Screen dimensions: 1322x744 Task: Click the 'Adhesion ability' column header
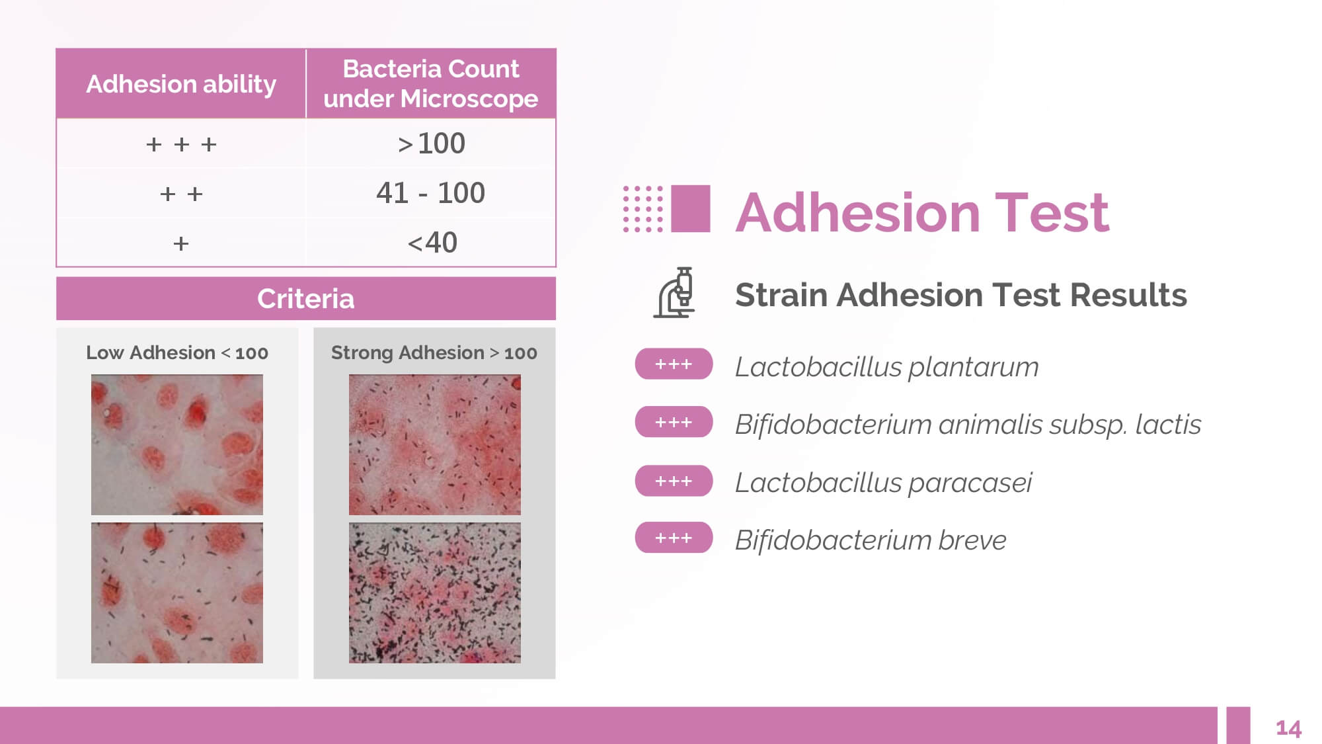181,84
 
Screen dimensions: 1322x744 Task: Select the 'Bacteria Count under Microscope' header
431,83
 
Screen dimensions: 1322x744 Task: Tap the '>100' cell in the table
431,144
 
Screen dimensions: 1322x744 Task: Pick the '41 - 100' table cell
431,193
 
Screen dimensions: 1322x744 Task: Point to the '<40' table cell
432,243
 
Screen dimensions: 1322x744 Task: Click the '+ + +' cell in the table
181,144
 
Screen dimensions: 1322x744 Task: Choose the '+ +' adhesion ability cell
181,194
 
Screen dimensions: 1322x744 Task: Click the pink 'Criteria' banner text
306,299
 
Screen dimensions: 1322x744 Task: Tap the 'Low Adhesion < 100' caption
177,352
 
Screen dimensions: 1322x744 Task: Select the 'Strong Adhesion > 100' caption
434,352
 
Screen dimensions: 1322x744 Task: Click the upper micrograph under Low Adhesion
177,445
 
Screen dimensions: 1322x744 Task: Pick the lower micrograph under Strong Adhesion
435,593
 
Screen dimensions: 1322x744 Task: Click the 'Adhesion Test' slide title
923,212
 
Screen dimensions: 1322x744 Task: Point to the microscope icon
675,293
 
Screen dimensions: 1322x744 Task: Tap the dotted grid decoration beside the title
642,209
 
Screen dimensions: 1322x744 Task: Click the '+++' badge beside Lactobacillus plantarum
674,364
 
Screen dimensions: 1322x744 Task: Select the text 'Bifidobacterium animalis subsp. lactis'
968,425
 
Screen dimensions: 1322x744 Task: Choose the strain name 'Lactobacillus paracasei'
884,483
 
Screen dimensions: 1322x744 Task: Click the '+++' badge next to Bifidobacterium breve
674,538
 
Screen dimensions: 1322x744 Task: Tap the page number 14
1288,729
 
